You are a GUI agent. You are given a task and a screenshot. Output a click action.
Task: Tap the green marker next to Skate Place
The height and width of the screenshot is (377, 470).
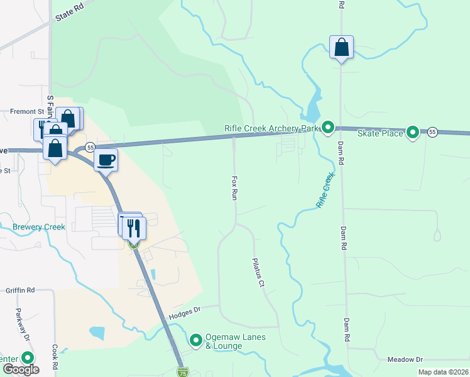coord(413,133)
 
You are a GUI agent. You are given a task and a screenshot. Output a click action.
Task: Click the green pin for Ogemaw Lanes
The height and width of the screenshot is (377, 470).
coord(196,341)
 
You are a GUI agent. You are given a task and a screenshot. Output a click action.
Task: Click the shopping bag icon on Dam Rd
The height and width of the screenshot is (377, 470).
coord(341,47)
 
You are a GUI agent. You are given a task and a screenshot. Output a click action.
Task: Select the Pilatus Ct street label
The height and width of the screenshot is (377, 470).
coord(258,273)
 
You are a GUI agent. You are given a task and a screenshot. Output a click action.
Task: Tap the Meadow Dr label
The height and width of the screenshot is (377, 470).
coord(405,359)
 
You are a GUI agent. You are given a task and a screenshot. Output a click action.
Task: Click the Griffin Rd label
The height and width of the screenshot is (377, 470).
coord(20,291)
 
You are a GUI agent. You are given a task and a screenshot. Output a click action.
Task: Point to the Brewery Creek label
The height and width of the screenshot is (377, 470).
coord(38,227)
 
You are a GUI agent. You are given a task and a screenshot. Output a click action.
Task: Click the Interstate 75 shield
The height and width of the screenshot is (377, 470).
coord(182,372)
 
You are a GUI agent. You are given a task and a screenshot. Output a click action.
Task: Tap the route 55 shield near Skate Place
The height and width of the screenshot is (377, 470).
coord(432,132)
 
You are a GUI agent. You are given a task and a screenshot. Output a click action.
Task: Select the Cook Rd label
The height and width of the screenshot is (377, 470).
coord(55,356)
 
